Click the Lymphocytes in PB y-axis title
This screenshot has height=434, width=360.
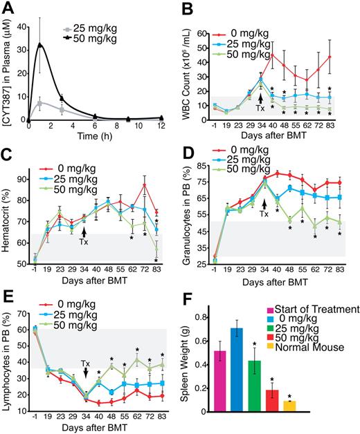(9, 359)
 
